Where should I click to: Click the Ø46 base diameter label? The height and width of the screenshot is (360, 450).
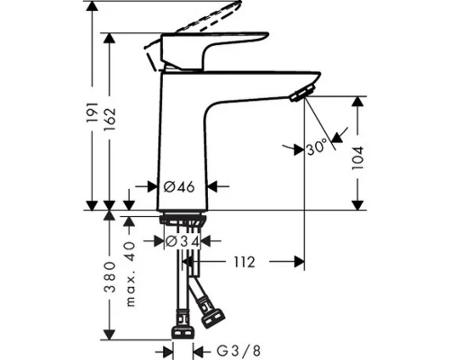(183, 188)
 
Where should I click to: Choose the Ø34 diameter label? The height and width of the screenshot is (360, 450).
(182, 241)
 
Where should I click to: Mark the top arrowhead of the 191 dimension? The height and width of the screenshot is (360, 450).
(91, 7)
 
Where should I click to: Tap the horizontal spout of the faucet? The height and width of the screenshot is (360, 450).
(261, 79)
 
